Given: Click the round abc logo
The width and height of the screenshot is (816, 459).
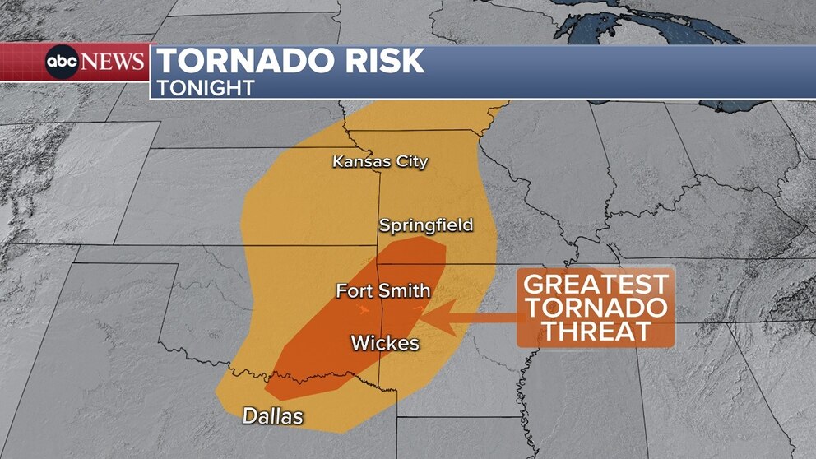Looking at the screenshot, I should (x=62, y=63).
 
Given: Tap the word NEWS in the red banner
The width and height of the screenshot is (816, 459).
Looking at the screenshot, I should (x=113, y=63).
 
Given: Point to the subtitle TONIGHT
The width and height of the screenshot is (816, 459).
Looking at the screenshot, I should (x=206, y=87).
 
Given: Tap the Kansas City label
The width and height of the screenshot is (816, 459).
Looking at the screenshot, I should (x=380, y=161).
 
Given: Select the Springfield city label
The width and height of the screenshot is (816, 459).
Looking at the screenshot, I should (x=426, y=225).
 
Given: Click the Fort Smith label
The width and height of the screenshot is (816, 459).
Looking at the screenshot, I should (x=383, y=290).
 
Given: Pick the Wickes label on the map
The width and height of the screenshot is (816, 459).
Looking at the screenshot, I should (x=385, y=343).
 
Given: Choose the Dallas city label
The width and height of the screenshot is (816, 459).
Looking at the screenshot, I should (x=272, y=416).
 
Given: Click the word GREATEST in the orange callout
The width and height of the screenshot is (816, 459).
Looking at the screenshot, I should (x=596, y=285).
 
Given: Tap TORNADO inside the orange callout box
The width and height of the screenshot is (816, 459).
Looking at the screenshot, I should (x=596, y=308).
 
